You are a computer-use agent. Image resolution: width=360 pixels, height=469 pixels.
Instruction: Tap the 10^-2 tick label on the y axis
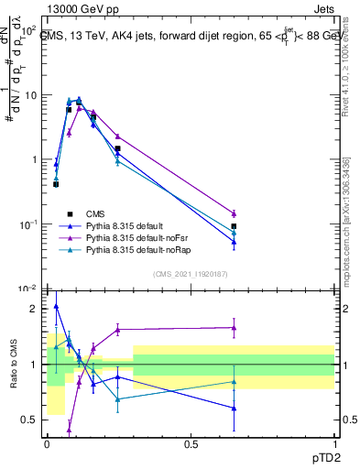tap(28, 289)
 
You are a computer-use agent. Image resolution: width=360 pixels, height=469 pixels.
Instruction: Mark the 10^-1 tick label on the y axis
tap(28, 224)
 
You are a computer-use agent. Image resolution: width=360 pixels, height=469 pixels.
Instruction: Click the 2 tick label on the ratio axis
tap(35, 309)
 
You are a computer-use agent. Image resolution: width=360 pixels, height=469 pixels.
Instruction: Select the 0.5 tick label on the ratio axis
tap(30, 420)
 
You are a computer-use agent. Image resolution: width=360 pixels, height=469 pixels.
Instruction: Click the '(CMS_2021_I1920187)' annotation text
tap(191, 272)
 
